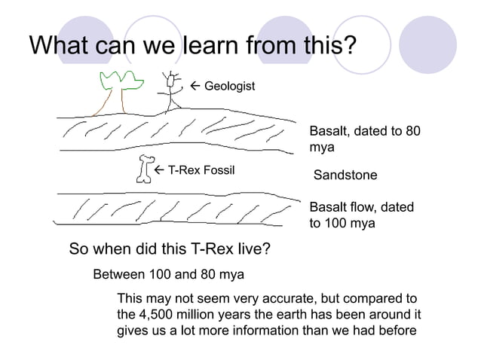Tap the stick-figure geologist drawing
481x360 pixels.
tap(173, 90)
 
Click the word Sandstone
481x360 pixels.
tap(345, 175)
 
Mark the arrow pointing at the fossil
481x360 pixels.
tap(159, 170)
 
